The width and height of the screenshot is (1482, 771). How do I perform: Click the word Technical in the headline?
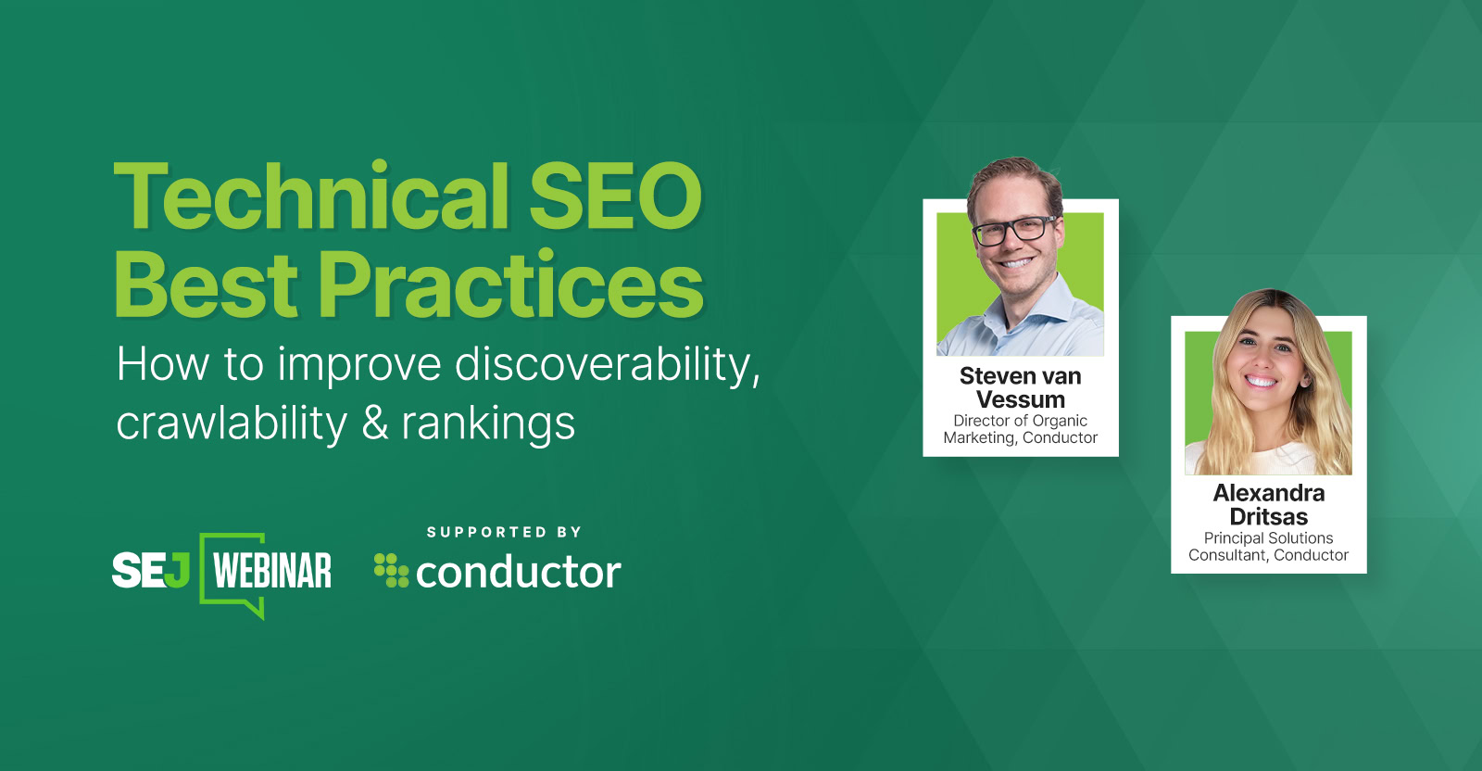[x=311, y=196]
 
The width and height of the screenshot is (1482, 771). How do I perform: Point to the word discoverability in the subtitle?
[x=607, y=364]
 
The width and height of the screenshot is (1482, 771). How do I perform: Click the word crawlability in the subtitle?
[x=232, y=423]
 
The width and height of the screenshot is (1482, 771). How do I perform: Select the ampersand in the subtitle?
[x=374, y=423]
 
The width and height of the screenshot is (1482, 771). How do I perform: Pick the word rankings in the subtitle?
[x=488, y=425]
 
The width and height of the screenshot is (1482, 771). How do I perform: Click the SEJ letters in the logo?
[x=151, y=570]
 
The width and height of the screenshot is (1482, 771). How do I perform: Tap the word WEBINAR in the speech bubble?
[x=272, y=571]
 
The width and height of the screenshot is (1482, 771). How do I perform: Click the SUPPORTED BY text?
[x=504, y=532]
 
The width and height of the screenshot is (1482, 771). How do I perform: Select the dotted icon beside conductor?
[x=391, y=570]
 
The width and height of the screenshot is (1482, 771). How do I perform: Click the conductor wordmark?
[x=518, y=573]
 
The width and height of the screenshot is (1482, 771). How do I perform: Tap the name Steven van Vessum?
[x=1021, y=387]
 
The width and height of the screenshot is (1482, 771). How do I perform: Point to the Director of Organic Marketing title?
[x=1021, y=429]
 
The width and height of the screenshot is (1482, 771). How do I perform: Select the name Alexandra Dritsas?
[x=1269, y=505]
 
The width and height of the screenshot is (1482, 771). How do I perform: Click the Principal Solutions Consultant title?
[x=1269, y=547]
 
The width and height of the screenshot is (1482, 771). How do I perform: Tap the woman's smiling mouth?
[x=1262, y=380]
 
